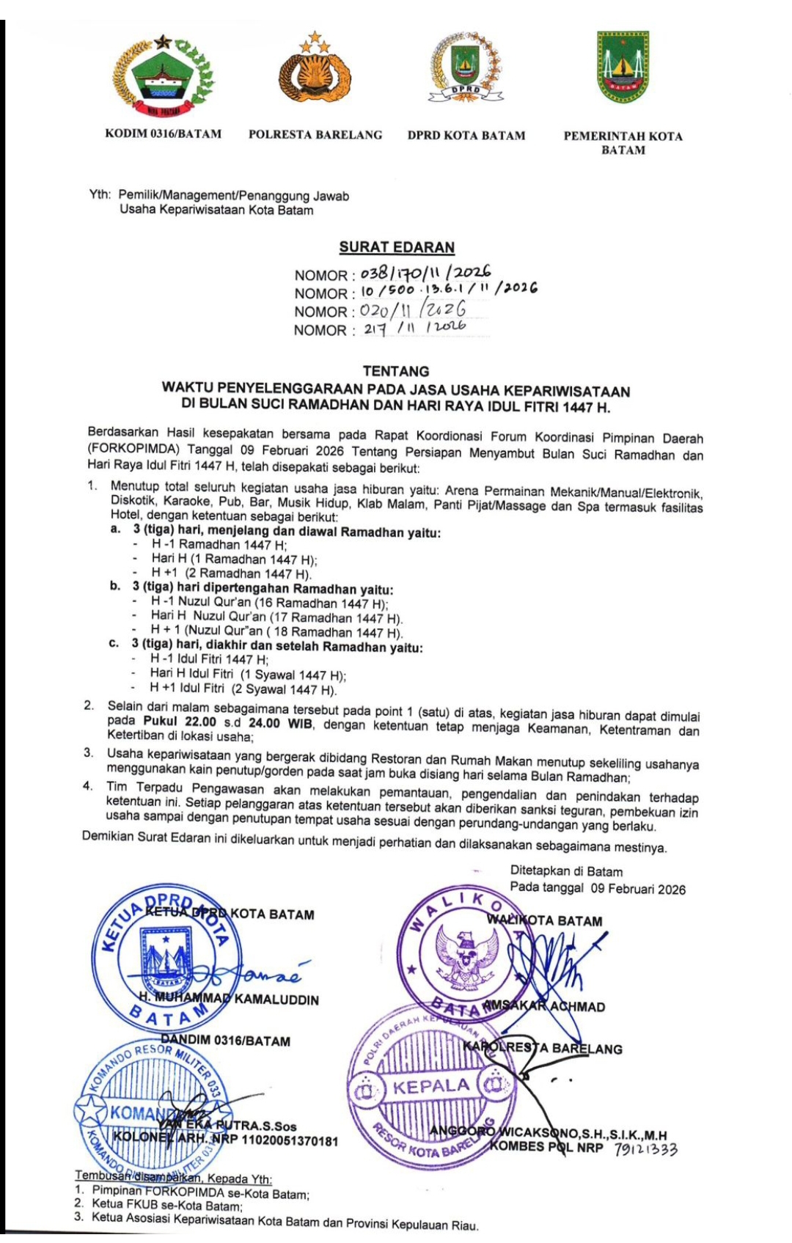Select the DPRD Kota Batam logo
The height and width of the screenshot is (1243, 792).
[466, 68]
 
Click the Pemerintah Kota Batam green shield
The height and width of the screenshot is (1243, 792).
[623, 67]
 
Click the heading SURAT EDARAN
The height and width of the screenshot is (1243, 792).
[397, 247]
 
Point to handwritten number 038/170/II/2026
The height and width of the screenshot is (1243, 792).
[425, 274]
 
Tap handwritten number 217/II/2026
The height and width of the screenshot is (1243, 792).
[414, 329]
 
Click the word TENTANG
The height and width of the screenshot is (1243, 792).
[396, 371]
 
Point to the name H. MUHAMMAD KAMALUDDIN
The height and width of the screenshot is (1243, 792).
[229, 999]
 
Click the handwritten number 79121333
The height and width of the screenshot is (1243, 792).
[645, 1149]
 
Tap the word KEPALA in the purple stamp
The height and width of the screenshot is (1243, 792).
[430, 1086]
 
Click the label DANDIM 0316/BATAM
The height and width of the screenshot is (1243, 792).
[225, 1041]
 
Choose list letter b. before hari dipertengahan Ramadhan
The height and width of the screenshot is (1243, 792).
[115, 586]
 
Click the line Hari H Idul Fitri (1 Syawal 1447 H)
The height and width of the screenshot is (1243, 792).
[247, 674]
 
